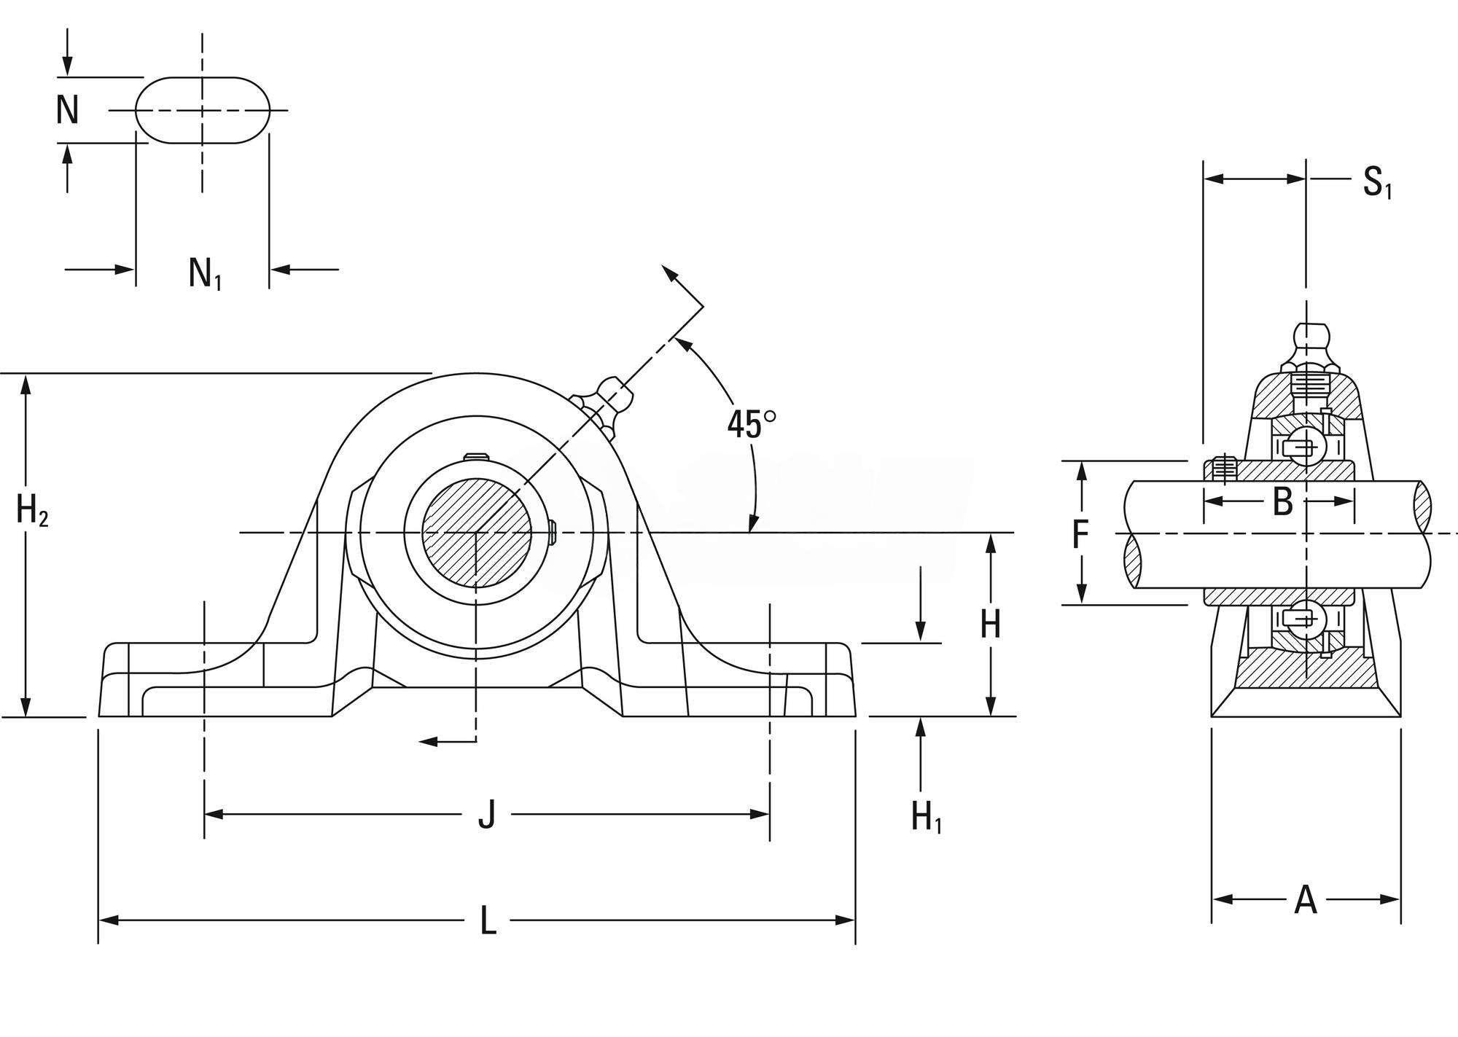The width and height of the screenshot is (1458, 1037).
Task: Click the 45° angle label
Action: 752,424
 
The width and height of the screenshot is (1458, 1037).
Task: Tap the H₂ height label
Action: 32,510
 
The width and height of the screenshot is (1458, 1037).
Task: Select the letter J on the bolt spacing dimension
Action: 487,814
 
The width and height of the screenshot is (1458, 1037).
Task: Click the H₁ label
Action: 926,816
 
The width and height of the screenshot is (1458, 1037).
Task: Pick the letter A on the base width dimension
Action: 1306,900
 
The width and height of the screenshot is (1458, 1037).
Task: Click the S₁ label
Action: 1377,182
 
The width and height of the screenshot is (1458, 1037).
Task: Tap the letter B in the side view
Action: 1282,501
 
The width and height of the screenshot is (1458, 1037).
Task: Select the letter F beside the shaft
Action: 1080,534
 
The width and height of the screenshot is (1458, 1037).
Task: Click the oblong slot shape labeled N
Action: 203,110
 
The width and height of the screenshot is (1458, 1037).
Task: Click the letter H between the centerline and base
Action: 990,624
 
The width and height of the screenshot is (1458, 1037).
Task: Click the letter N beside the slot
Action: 68,110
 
